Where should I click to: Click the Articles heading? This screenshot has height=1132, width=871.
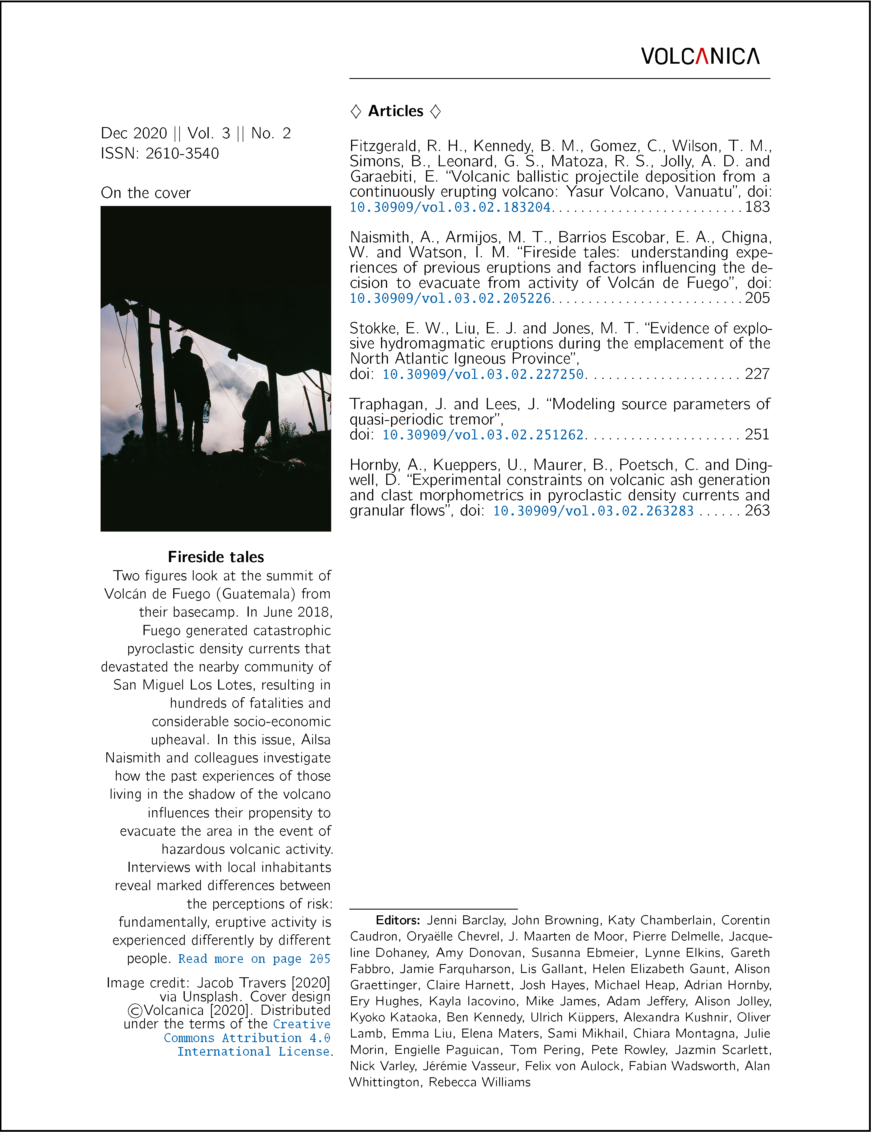pos(395,111)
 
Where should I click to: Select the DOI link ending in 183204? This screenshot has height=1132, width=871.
pos(450,207)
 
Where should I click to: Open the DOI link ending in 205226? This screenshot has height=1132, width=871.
pos(450,298)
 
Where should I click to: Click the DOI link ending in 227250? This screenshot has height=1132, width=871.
pos(483,374)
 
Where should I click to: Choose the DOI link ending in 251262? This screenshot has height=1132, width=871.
pos(483,435)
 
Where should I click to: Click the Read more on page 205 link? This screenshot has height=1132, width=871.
pos(254,959)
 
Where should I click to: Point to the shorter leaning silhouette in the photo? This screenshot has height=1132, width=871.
pos(256,415)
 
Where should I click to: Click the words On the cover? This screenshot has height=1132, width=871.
pos(146,193)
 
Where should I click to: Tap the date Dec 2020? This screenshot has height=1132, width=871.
pos(134,133)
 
